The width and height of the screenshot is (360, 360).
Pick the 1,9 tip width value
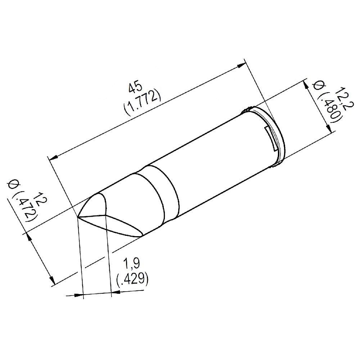pyautogui.click(x=132, y=265)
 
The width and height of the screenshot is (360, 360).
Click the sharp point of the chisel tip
pyautogui.click(x=78, y=217)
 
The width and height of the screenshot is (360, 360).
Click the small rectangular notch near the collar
pyautogui.click(x=270, y=138)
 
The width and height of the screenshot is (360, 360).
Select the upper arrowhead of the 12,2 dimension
pyautogui.click(x=306, y=85)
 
